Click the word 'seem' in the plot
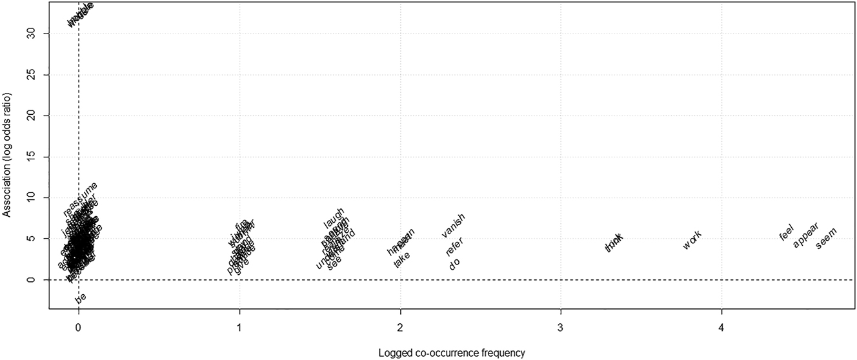pos(825,239)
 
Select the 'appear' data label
pos(805,235)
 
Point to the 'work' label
pos(692,240)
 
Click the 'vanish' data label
pos(453,225)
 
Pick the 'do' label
pos(454,264)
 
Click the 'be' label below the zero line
pos(81,298)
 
